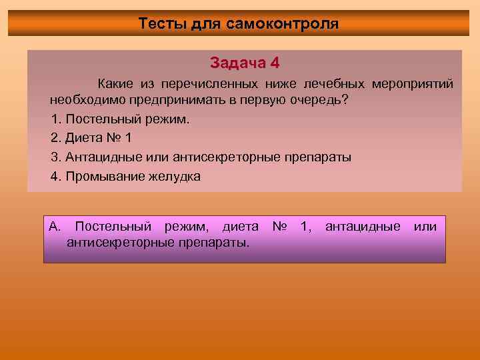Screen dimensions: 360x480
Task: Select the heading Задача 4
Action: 245,63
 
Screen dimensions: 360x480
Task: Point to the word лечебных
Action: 333,84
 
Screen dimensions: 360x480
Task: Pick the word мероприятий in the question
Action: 413,84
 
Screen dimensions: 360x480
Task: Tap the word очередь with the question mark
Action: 323,101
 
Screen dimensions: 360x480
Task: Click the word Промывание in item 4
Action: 101,177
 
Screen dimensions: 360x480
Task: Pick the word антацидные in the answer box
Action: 363,227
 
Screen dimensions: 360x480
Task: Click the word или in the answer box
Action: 425,227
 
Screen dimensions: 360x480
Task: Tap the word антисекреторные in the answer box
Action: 121,242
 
